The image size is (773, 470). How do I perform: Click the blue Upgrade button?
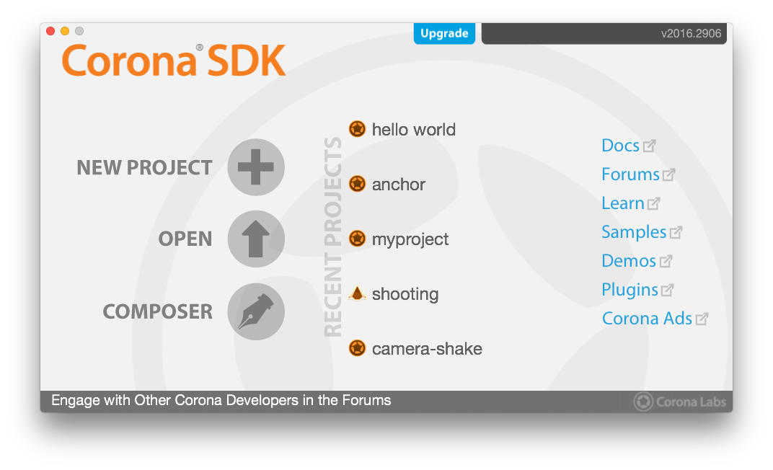[x=444, y=33]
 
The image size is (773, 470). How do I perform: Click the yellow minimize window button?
[x=65, y=31]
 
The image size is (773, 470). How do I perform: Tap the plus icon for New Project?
[x=256, y=167]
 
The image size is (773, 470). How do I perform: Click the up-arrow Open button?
[x=256, y=239]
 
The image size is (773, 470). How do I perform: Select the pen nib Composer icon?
[x=256, y=311]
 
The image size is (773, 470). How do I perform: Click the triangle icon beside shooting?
[x=357, y=293]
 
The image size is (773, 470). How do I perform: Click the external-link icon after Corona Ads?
[x=702, y=319]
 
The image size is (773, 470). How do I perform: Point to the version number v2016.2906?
[x=691, y=33]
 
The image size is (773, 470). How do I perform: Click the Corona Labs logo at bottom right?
[x=679, y=402]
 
